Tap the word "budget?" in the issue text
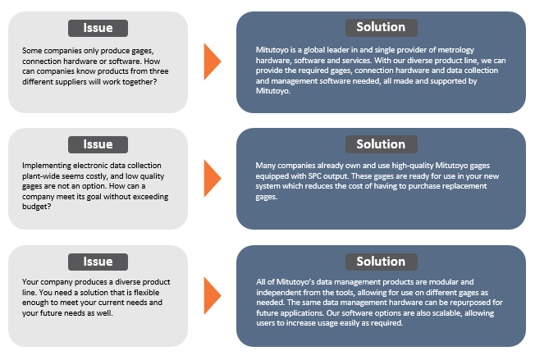tap(36, 207)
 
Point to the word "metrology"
tap(456, 50)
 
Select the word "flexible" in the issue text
tap(146, 293)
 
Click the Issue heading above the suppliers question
tap(98, 28)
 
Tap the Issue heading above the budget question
tap(98, 144)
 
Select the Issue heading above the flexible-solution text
tap(98, 262)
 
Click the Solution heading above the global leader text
tap(381, 27)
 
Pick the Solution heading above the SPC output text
tap(381, 144)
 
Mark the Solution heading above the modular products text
tap(381, 262)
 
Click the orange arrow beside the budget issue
tap(213, 178)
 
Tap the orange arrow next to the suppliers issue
tap(213, 62)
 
